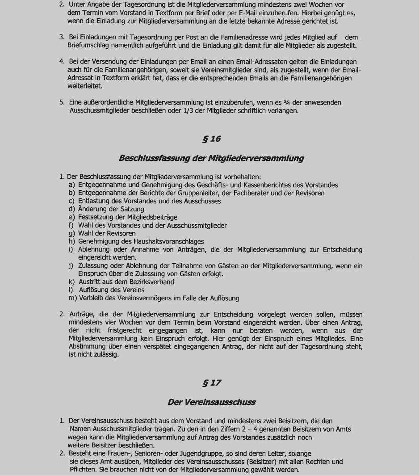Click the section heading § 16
tap(211, 139)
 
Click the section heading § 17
tap(211, 383)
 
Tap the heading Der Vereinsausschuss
tap(211, 402)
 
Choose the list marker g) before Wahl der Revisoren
tap(72, 233)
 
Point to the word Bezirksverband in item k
tap(152, 282)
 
